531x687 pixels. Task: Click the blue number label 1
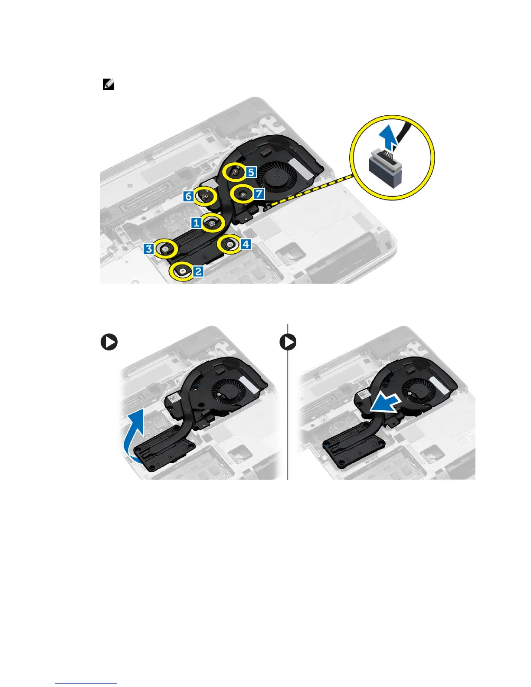[x=197, y=223]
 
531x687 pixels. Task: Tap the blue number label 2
[x=198, y=272]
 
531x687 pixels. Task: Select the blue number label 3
[x=149, y=249]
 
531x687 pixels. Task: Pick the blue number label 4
[x=246, y=244]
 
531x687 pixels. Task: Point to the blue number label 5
[x=251, y=172]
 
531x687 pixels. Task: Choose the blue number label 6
[x=188, y=196]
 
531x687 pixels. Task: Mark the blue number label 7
[x=259, y=193]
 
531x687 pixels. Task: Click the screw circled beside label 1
[x=212, y=223]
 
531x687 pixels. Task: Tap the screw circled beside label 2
[x=182, y=272]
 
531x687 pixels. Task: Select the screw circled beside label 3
[x=166, y=249]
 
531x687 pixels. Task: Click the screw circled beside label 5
[x=235, y=172]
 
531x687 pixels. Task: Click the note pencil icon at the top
[x=108, y=84]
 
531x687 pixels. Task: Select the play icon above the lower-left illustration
[x=109, y=343]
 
